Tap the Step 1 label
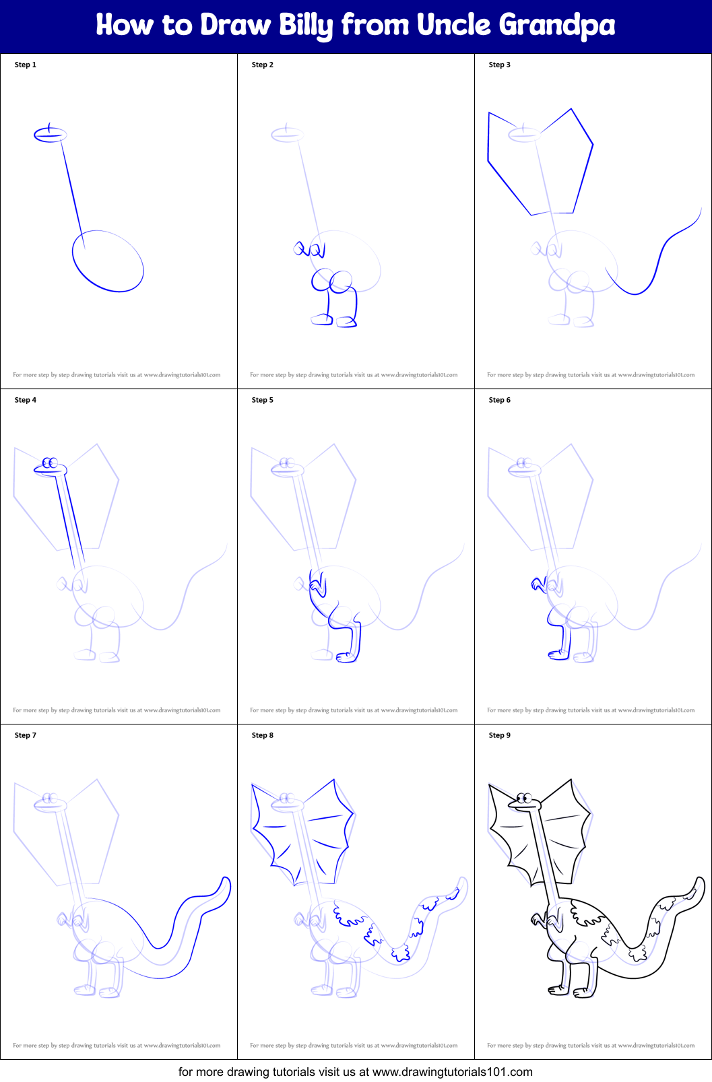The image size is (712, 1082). pyautogui.click(x=26, y=65)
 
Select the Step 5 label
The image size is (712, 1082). pyautogui.click(x=263, y=400)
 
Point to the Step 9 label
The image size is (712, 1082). pyautogui.click(x=500, y=735)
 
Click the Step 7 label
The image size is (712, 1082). pyautogui.click(x=26, y=735)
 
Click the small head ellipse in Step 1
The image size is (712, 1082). pyautogui.click(x=51, y=135)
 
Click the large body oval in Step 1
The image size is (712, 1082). pyautogui.click(x=108, y=261)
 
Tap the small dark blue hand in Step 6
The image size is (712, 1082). pyautogui.click(x=538, y=583)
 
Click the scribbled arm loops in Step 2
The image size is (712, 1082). pyautogui.click(x=309, y=250)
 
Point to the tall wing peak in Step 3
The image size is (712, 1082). pyautogui.click(x=571, y=110)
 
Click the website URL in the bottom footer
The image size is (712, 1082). pyautogui.click(x=452, y=1071)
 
